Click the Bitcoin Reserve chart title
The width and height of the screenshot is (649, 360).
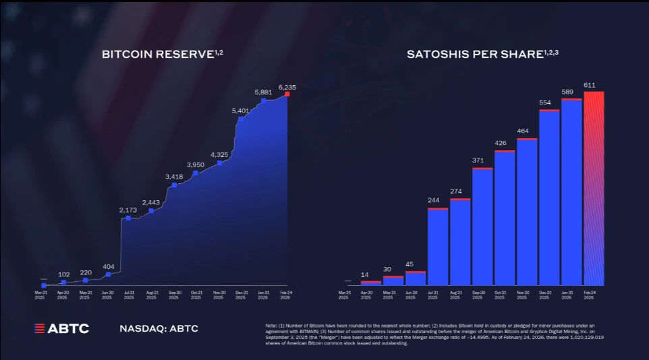click(161, 54)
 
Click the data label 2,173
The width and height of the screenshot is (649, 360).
click(128, 210)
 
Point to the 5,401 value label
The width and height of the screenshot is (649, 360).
click(241, 111)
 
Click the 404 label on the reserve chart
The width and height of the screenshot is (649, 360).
click(108, 267)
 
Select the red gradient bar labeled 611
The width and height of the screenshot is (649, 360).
click(594, 188)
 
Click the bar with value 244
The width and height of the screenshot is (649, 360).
click(438, 247)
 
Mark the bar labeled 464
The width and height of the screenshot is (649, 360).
click(527, 212)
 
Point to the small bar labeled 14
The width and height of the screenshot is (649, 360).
click(371, 283)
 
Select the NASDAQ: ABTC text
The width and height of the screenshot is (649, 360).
click(159, 328)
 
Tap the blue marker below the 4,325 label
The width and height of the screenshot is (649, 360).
click(219, 162)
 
